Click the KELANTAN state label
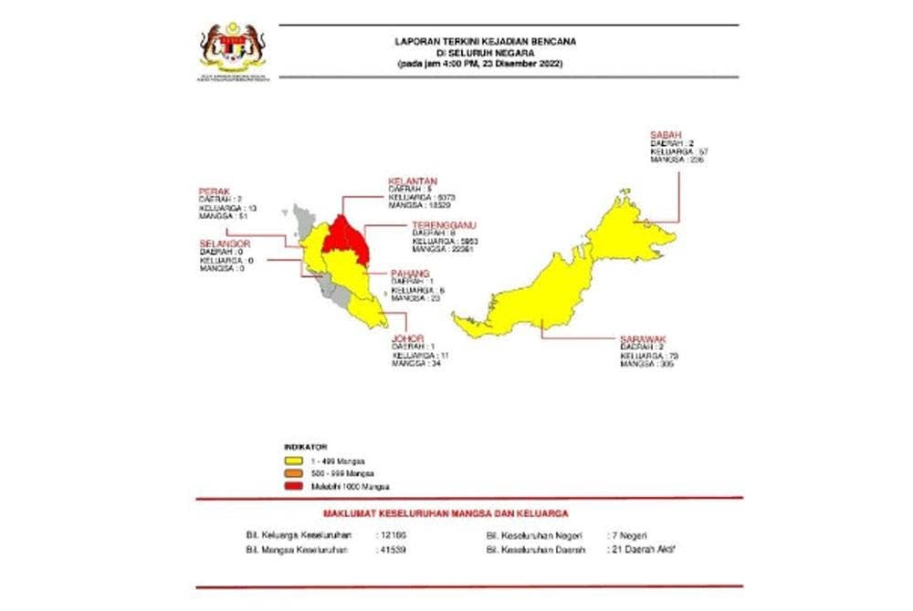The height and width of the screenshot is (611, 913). [412, 181]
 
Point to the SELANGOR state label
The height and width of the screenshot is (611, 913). [224, 243]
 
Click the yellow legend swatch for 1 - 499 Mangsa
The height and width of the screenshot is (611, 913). [294, 462]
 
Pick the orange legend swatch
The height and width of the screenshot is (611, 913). [294, 475]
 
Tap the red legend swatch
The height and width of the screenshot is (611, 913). [294, 488]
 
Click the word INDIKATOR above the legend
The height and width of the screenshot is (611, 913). [305, 448]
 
